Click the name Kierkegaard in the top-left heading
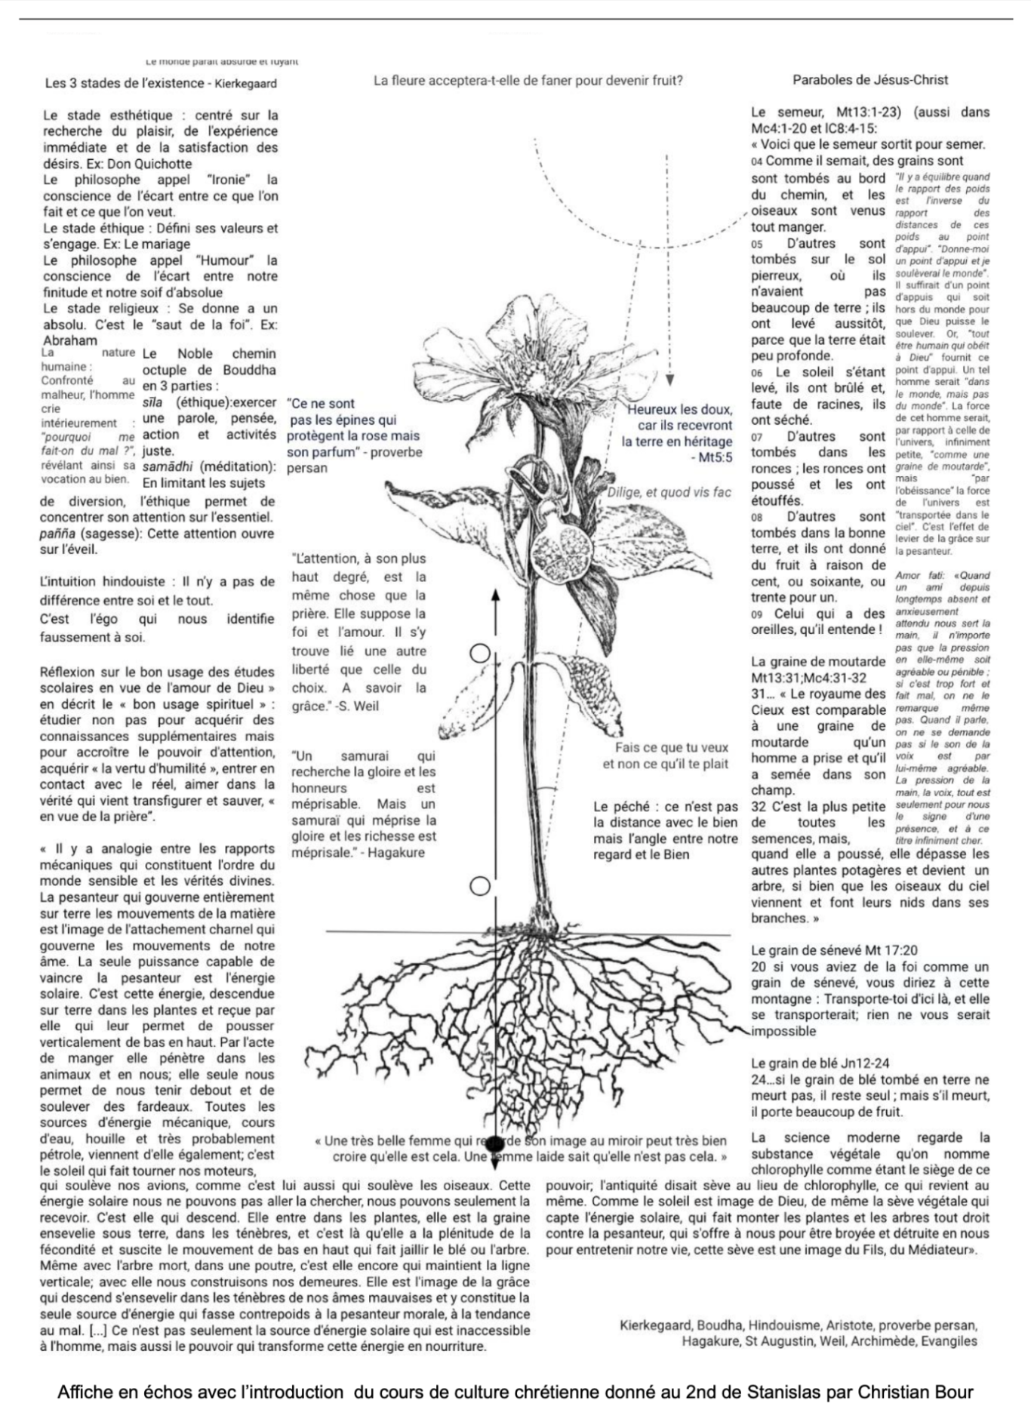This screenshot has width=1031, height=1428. coord(245,84)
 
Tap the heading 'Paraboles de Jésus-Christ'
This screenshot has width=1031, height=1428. coord(870,80)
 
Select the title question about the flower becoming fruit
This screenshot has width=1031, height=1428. coord(528,80)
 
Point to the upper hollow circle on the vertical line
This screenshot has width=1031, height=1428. coord(480,654)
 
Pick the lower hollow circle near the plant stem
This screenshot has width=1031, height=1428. coord(480,885)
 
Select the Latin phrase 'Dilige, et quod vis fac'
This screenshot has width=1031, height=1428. coord(669,492)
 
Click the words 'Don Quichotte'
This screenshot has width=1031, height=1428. coord(149,164)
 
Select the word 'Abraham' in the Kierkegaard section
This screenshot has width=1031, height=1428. coord(70,340)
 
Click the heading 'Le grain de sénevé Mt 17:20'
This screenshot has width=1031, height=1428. coord(834,950)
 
